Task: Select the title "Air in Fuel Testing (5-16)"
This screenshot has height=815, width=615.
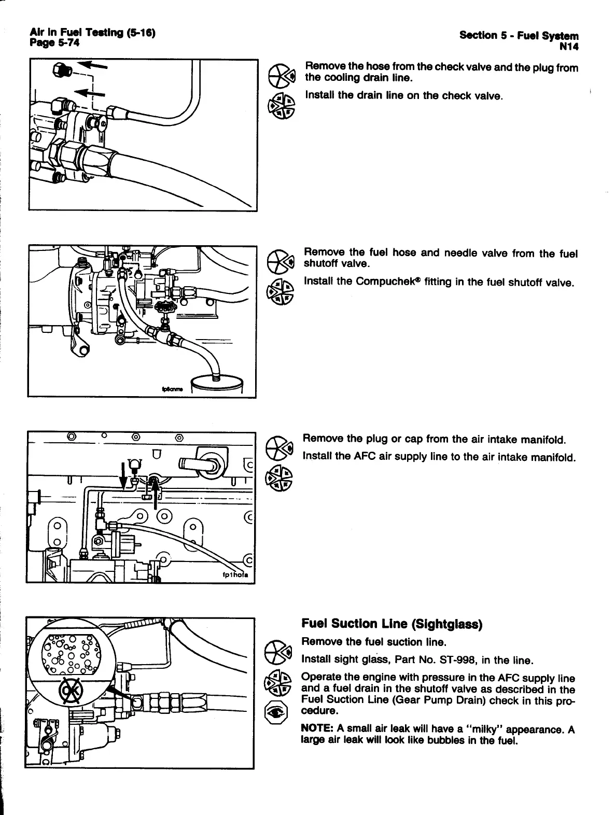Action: [94, 34]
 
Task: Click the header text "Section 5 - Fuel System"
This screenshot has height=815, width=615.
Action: [519, 36]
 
